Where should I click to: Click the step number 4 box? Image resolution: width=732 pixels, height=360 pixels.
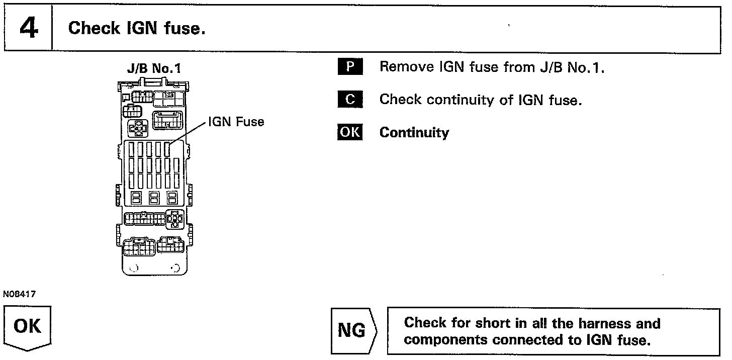tap(29, 28)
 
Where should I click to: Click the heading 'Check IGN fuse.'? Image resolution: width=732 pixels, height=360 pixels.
tap(137, 28)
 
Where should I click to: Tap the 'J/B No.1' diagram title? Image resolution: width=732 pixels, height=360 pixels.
tap(154, 68)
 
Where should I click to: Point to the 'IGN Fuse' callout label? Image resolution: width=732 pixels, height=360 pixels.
tap(236, 122)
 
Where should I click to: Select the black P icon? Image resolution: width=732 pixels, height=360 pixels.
tap(349, 67)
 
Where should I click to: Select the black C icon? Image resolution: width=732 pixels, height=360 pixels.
tap(349, 100)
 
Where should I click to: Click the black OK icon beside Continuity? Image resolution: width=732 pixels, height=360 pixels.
tap(349, 132)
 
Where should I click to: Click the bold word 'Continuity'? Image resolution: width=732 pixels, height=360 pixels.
tap(414, 133)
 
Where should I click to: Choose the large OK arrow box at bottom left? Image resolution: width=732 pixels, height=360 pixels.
tap(28, 327)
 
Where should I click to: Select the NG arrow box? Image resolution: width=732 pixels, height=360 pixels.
tap(353, 331)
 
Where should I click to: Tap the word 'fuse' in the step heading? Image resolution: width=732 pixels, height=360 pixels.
tap(185, 28)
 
